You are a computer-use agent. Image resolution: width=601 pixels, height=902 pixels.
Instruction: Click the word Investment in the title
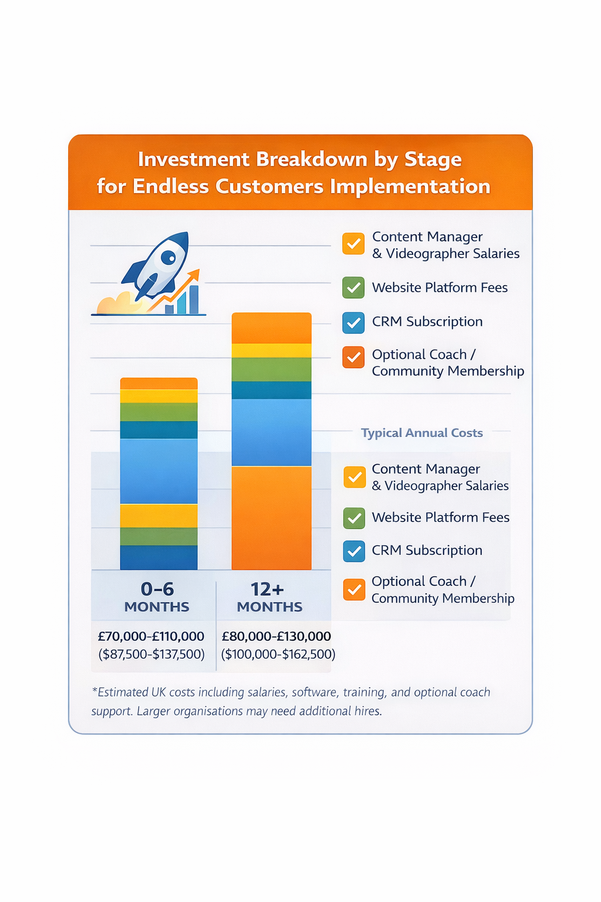tap(194, 160)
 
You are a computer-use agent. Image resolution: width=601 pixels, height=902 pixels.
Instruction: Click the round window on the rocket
tap(168, 257)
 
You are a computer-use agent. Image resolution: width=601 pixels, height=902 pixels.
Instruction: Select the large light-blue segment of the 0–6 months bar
tap(158, 471)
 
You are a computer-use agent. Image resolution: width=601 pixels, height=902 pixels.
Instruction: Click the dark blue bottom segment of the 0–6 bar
tap(158, 557)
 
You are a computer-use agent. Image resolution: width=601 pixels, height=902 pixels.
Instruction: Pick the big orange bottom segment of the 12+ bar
tap(271, 518)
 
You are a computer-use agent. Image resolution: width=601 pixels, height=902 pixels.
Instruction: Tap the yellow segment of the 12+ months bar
tap(271, 351)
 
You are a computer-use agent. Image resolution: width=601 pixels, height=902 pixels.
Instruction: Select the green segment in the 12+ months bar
tap(271, 369)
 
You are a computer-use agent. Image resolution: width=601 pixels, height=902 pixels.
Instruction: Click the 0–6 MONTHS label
tap(157, 597)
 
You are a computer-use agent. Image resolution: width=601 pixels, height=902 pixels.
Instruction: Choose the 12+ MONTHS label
tap(269, 597)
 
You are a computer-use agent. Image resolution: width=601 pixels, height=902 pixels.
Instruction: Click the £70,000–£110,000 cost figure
tap(151, 637)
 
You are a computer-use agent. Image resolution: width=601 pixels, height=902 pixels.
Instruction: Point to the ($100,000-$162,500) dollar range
tap(278, 654)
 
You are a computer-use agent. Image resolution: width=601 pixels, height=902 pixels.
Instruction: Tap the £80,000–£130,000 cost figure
tap(276, 637)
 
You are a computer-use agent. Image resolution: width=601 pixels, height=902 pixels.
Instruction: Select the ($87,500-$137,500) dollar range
tap(151, 654)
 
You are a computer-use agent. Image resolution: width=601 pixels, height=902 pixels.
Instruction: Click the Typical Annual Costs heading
tap(421, 433)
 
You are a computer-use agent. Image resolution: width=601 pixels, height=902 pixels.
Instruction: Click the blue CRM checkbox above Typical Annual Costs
tap(353, 322)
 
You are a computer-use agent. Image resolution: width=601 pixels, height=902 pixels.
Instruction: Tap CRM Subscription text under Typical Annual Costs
tap(427, 551)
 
